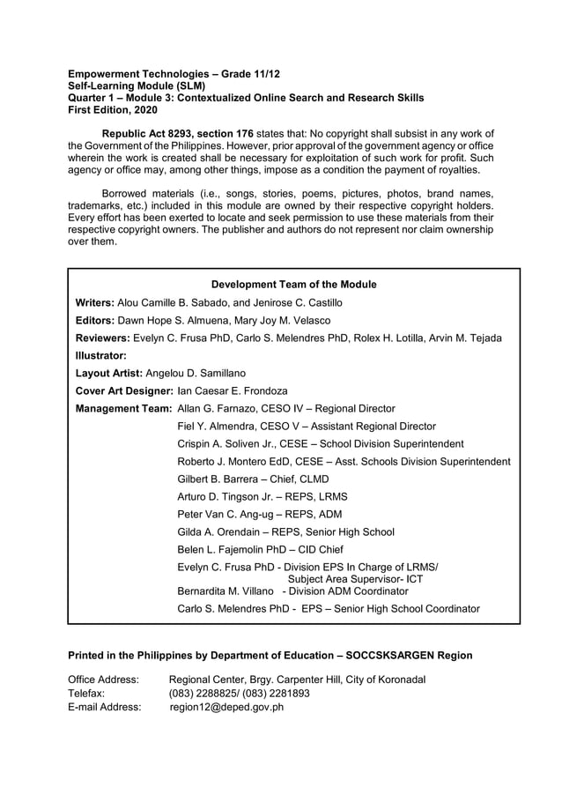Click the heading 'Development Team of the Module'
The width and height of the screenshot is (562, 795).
pos(293,284)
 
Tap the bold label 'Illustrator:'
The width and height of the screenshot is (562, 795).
pos(101,355)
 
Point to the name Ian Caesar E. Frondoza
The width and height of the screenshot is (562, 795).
pos(233,390)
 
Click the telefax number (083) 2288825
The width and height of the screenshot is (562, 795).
pos(202,693)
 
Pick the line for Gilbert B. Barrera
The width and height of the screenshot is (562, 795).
pos(253,479)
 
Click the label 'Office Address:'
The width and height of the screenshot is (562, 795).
pos(104,680)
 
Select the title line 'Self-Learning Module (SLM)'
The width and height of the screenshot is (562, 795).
pos(137,86)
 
